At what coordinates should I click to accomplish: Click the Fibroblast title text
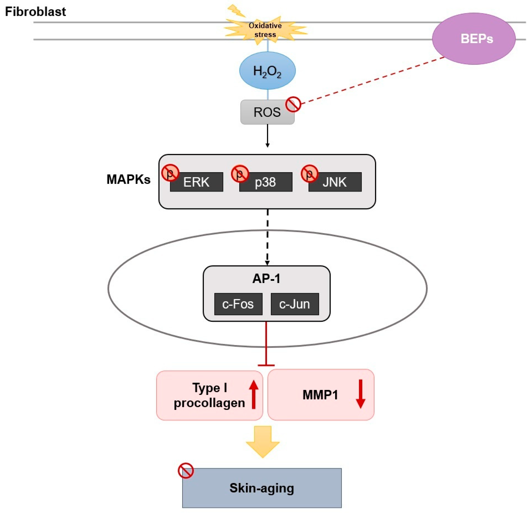[35, 12]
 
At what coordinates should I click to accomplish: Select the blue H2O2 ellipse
[267, 71]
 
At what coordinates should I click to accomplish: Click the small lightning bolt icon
[236, 10]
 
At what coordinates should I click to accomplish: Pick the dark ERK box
[196, 182]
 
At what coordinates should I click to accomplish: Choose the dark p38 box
[266, 182]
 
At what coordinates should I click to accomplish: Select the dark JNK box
[335, 182]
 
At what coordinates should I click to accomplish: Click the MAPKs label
[128, 179]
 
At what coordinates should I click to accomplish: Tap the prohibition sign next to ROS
[293, 104]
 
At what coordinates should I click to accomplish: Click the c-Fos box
[238, 304]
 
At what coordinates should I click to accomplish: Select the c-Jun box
[295, 304]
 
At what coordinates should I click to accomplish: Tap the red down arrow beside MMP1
[360, 394]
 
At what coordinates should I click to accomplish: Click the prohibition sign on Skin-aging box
[186, 471]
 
